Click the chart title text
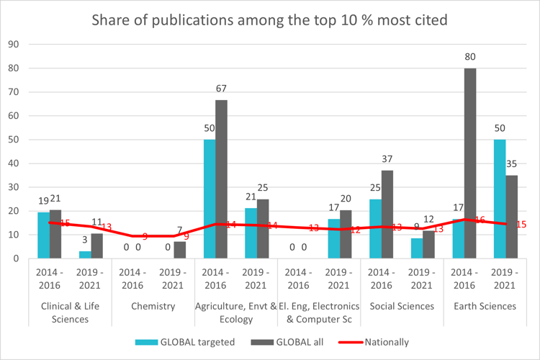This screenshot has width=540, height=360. point(269,19)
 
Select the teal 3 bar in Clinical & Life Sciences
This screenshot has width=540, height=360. point(85,254)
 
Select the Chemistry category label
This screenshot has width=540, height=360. point(153,306)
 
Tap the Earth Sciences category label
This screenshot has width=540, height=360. point(485,306)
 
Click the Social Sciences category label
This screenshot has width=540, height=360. point(402,306)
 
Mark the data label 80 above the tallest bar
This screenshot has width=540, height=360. point(469,57)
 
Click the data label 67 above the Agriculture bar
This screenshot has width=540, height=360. point(222,89)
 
